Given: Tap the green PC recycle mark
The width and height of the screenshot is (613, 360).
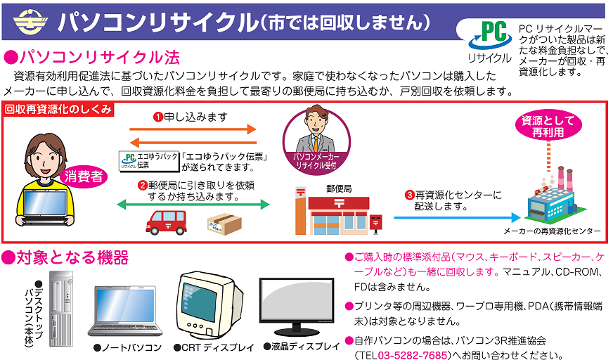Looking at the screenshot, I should coord(489,37).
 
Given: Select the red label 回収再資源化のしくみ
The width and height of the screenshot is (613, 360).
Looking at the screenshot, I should coord(58,109).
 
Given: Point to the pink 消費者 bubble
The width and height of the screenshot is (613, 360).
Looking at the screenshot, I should coord(85,176).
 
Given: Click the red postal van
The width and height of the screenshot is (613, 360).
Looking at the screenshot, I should coord(167,222).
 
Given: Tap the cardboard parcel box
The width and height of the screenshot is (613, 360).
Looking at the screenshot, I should coord(224,224).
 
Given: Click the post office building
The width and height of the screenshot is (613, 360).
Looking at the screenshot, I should coord(330,212).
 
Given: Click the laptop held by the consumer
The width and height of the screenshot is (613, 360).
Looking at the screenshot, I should coord(48,207).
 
